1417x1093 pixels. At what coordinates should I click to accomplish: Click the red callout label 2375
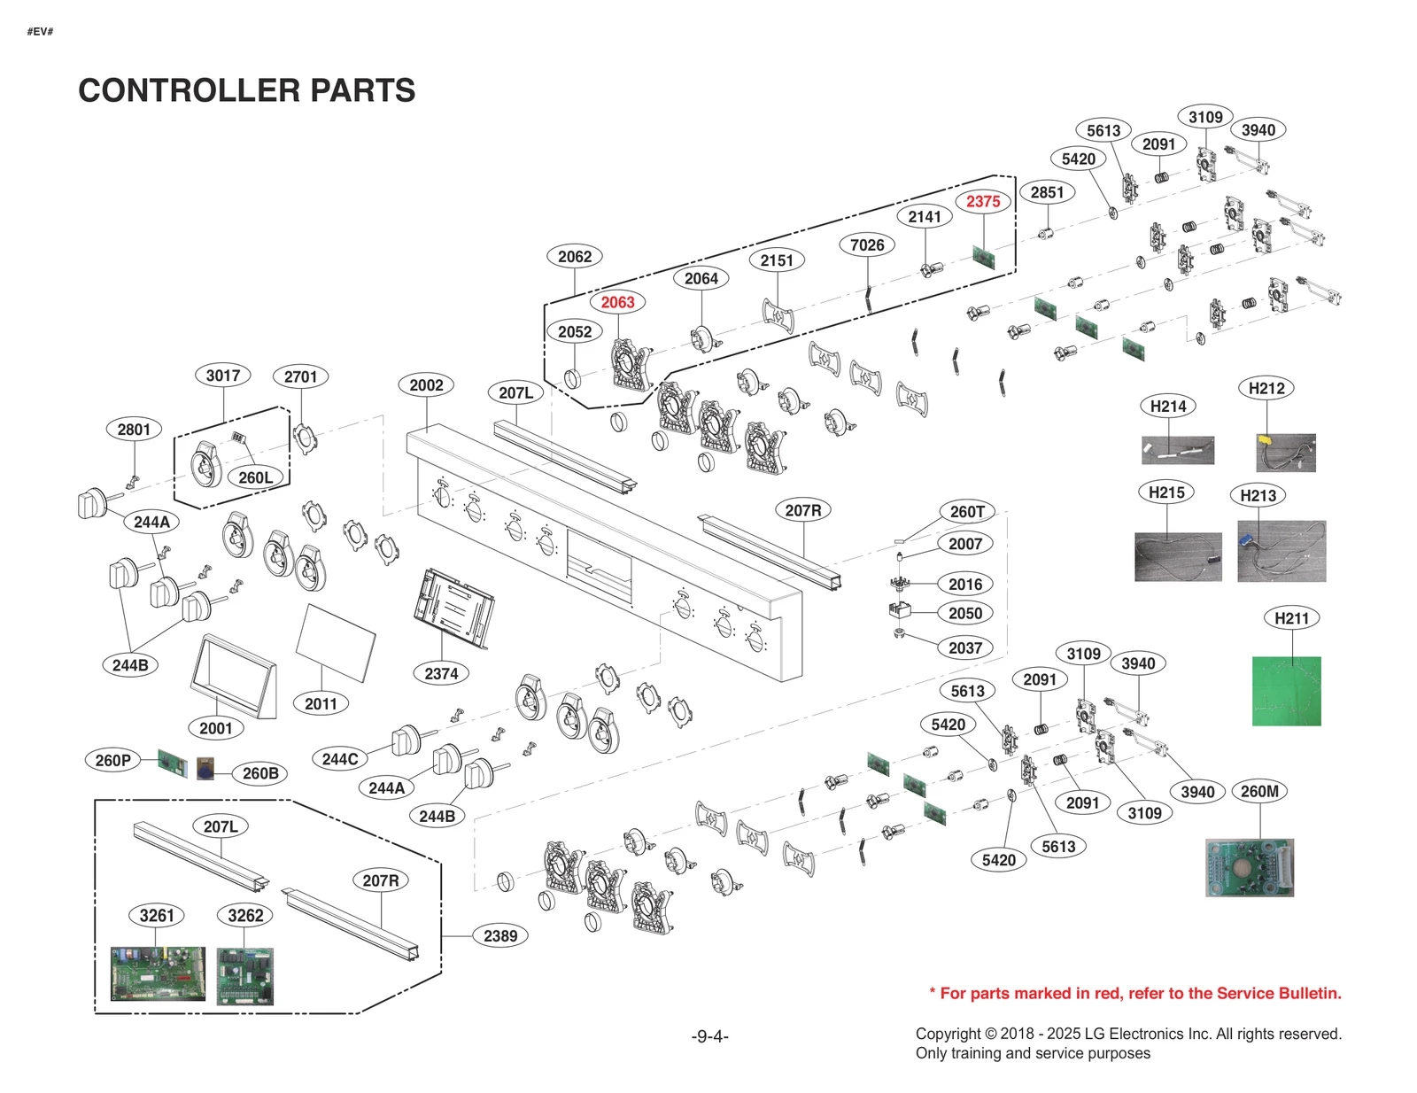coord(983,201)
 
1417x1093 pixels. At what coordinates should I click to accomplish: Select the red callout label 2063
coord(617,302)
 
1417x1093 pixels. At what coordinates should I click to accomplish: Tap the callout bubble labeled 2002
coord(426,385)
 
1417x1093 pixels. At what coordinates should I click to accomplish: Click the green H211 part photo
coord(1286,691)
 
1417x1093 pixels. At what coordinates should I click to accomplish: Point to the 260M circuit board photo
coord(1249,867)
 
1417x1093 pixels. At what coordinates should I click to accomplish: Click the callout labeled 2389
coord(500,935)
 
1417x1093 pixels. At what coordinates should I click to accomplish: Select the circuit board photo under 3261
coord(158,973)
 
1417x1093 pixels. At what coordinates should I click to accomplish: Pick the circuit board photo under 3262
coord(245,976)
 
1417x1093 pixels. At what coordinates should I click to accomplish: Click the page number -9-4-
coord(709,1035)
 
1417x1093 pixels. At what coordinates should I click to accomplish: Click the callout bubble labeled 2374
coord(441,673)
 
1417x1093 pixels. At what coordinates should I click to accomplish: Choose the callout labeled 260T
coord(966,511)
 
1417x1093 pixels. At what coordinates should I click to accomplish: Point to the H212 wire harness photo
coord(1285,453)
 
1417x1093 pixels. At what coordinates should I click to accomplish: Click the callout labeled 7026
coord(867,245)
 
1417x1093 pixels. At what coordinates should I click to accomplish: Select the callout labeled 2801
coord(134,430)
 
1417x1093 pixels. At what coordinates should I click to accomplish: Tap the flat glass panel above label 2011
coord(335,642)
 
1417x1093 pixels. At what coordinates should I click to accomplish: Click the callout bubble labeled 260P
coord(112,760)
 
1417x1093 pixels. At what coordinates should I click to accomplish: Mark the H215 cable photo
coord(1178,556)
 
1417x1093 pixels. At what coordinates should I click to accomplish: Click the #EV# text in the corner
coord(40,32)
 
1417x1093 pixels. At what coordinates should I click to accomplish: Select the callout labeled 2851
coord(1047,192)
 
